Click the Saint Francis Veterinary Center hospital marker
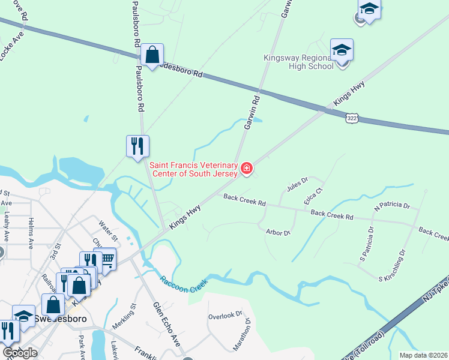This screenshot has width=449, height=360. click(246, 169)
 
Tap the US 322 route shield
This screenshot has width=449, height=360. click(353, 119)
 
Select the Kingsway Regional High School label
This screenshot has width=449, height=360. click(299, 62)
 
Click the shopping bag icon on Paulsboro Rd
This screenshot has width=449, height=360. click(152, 55)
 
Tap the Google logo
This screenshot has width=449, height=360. click(20, 352)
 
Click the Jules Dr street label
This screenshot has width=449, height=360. click(297, 184)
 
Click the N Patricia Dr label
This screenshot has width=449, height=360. click(391, 206)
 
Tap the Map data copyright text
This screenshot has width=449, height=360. click(423, 355)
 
